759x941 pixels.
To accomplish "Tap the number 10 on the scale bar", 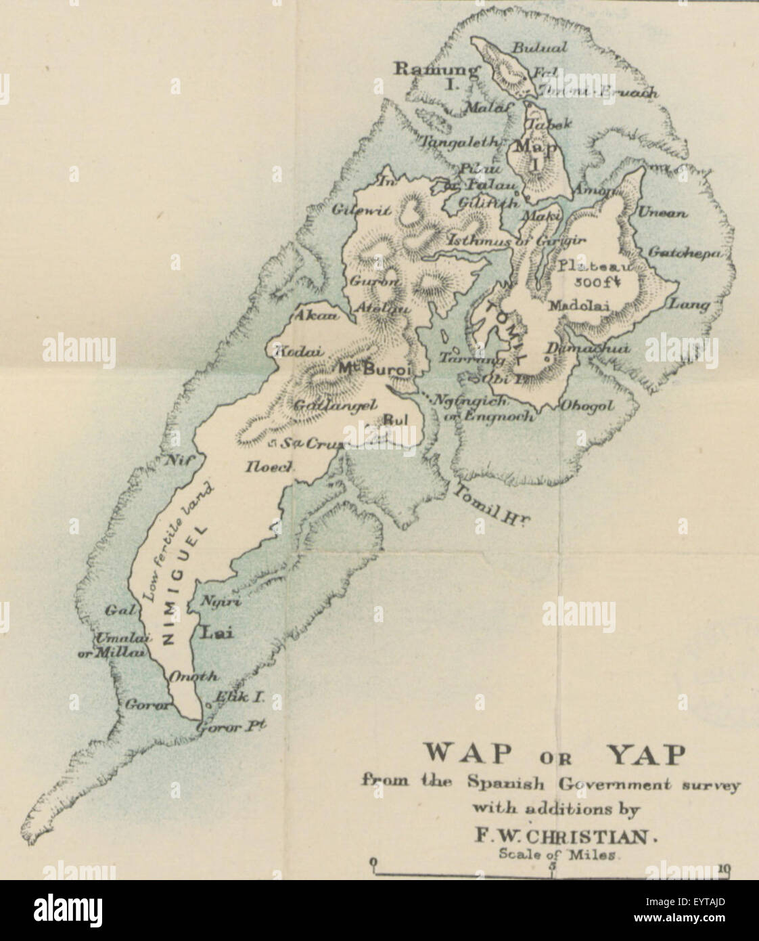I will (724, 868).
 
